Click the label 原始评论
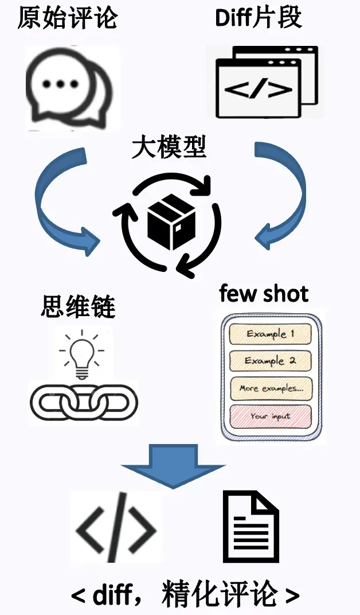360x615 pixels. (x=67, y=18)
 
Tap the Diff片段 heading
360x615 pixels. (x=258, y=18)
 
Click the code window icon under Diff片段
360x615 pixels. (x=266, y=83)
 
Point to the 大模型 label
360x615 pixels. (x=169, y=147)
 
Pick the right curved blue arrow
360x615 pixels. (x=281, y=198)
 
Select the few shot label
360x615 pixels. (x=264, y=294)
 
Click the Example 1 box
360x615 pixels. (x=270, y=334)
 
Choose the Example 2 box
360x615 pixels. (x=270, y=361)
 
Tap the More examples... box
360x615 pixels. (x=270, y=388)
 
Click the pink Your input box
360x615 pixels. (x=270, y=416)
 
